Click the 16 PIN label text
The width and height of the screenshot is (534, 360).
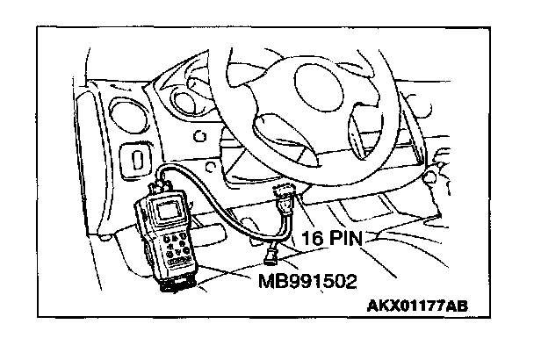[x=334, y=238]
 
